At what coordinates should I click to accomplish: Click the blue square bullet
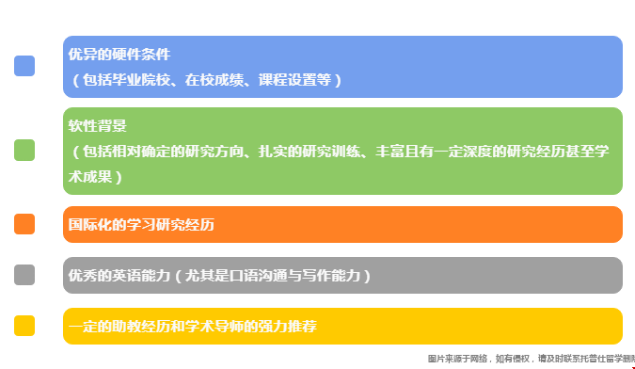24,66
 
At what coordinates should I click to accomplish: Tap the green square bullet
24,150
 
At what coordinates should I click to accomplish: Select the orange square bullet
24,224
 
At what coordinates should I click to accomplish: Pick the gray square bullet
24,275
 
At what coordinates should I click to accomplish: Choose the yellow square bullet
24,326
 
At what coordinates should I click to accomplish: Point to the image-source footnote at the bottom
531,359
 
